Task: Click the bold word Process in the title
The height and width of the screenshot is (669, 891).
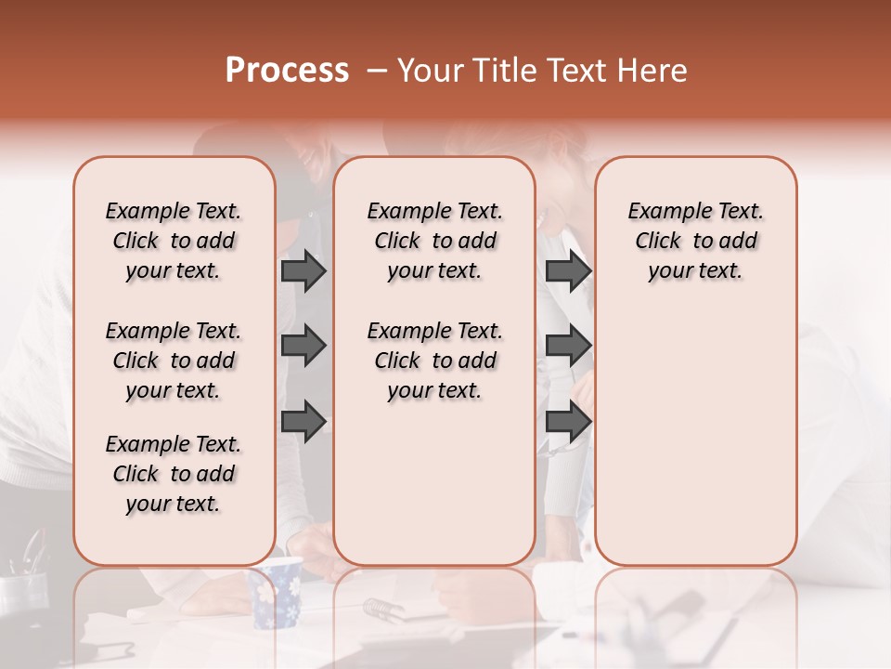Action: tap(287, 70)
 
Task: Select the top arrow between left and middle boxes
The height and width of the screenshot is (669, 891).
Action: tap(303, 270)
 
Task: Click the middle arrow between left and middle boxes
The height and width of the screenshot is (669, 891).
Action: tap(303, 346)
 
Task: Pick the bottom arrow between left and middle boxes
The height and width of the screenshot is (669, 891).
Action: tap(303, 422)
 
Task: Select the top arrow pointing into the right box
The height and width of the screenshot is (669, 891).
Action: tap(568, 270)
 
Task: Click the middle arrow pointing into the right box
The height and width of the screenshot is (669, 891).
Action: tap(568, 346)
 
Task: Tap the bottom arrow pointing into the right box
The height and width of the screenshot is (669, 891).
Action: tap(568, 422)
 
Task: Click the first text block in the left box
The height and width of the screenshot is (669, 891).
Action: tap(174, 241)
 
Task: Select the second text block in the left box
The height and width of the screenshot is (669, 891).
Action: tap(174, 361)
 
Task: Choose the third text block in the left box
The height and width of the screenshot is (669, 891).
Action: tap(174, 474)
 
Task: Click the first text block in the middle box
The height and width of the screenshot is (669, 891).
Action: tap(434, 241)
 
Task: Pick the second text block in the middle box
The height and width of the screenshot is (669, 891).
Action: tap(434, 361)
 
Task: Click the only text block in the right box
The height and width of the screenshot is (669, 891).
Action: tap(695, 241)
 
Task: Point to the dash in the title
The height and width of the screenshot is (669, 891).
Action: tap(376, 71)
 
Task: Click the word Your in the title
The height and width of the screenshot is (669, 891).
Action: tap(431, 71)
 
